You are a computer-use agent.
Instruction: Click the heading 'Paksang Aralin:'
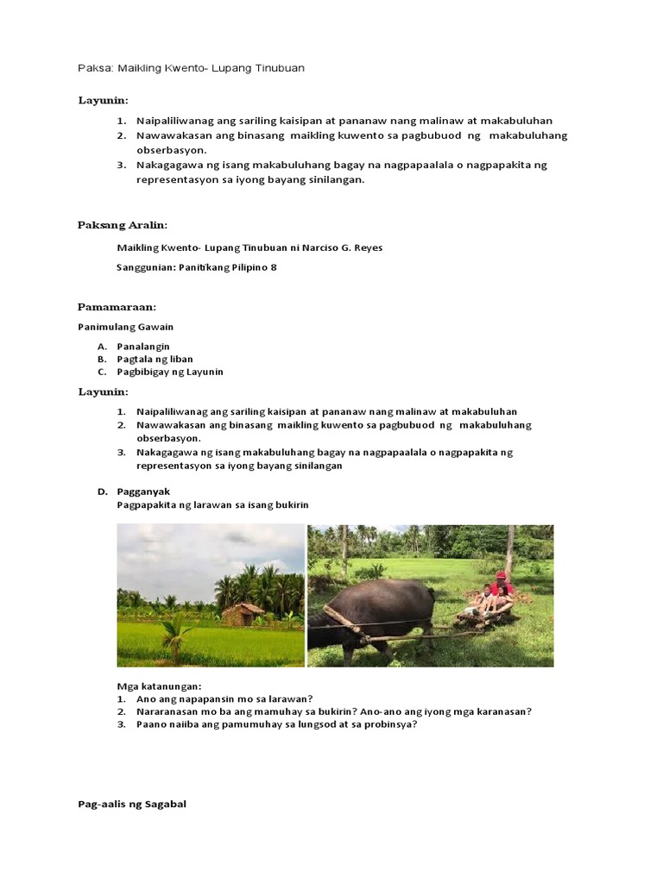click(x=123, y=225)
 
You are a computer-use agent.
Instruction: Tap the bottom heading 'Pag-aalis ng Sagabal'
click(x=132, y=804)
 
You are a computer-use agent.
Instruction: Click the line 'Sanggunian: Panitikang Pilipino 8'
click(x=197, y=267)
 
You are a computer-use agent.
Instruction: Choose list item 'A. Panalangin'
click(x=143, y=346)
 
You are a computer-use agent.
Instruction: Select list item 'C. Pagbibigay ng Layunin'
click(x=169, y=372)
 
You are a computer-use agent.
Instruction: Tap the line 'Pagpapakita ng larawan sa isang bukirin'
click(x=212, y=504)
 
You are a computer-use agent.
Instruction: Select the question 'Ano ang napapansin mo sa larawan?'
click(x=224, y=698)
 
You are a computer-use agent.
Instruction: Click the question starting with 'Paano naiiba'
click(x=276, y=724)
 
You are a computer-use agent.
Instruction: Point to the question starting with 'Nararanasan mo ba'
click(x=333, y=711)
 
